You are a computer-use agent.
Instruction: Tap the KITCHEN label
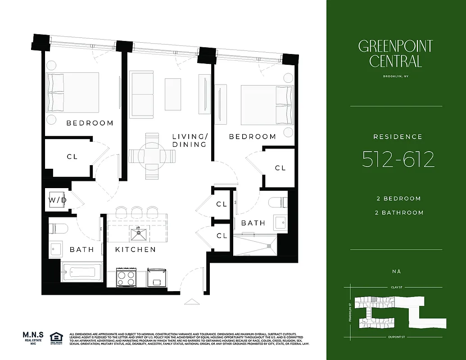[x=135, y=249]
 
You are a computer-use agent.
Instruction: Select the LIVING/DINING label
[x=190, y=140]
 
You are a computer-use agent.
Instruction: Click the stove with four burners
[x=126, y=277]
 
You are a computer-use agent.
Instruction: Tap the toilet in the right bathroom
[x=277, y=202]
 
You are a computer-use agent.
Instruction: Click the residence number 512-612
[x=398, y=159]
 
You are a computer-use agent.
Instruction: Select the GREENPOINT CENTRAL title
[x=395, y=53]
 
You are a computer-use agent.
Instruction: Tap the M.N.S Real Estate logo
[x=33, y=338]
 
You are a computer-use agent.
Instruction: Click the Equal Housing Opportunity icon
[x=56, y=338]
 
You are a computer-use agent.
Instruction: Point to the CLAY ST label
[x=396, y=287]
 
